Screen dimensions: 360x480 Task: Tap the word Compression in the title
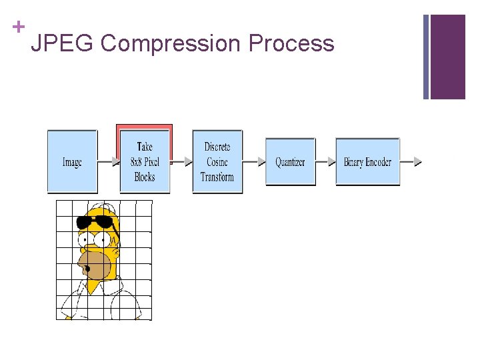[169, 44]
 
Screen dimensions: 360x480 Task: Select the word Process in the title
[291, 44]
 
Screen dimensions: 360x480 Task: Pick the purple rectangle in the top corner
[447, 57]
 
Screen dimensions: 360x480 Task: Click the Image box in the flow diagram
[72, 162]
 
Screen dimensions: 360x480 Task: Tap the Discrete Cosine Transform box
[217, 162]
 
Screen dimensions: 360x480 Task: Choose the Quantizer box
[290, 162]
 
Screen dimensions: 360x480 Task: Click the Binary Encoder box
[367, 162]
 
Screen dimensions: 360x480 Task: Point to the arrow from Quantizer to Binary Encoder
[325, 162]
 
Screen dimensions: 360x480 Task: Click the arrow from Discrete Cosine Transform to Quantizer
[253, 162]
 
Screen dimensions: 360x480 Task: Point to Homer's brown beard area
[98, 265]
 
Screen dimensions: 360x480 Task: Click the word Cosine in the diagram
[217, 162]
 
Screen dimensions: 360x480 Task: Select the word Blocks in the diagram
[145, 177]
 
